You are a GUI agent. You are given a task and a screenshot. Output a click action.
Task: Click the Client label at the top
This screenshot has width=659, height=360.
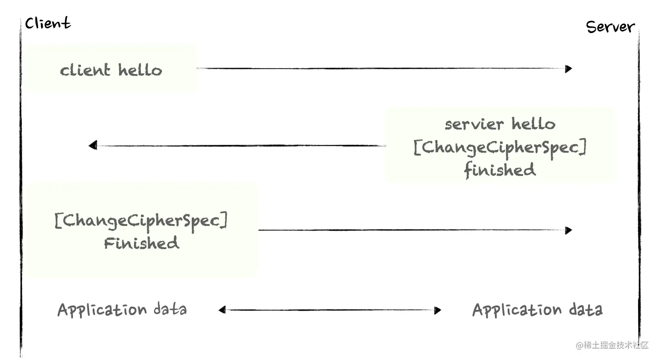[48, 23]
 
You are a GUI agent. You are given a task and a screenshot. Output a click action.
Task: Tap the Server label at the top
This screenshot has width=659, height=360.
[610, 27]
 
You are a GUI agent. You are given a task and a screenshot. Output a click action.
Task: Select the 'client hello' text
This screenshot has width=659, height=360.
[111, 70]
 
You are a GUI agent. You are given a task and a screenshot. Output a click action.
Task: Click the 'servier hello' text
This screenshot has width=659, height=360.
[499, 124]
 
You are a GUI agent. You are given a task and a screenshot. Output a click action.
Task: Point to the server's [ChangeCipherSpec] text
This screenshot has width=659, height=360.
[499, 148]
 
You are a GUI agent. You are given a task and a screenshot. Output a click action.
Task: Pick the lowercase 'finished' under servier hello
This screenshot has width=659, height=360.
[499, 170]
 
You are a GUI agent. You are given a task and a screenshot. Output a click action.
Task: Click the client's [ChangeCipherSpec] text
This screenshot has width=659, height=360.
[141, 221]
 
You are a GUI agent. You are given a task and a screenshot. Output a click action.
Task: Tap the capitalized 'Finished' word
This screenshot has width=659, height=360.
[141, 243]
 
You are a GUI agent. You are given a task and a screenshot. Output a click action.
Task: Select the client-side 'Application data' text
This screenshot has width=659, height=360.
[122, 310]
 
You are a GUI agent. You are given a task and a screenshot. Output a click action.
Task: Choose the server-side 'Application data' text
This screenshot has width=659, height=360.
[537, 310]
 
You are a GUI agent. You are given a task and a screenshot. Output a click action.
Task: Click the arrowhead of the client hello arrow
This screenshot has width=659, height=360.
[569, 69]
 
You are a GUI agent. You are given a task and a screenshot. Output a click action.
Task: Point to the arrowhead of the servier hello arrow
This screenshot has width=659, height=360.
[93, 145]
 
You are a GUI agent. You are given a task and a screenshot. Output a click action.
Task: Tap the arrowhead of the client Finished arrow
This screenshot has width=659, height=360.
[569, 230]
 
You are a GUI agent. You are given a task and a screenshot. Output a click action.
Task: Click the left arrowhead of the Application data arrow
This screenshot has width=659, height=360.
[222, 310]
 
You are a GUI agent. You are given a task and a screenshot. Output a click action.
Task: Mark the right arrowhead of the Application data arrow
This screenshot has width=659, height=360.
[438, 310]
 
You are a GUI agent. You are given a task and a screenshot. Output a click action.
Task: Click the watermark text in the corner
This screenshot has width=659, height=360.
[612, 345]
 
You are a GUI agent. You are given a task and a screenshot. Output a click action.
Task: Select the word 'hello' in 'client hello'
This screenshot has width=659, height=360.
[140, 70]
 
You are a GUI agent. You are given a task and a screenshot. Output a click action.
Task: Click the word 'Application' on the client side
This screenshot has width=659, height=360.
[102, 310]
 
